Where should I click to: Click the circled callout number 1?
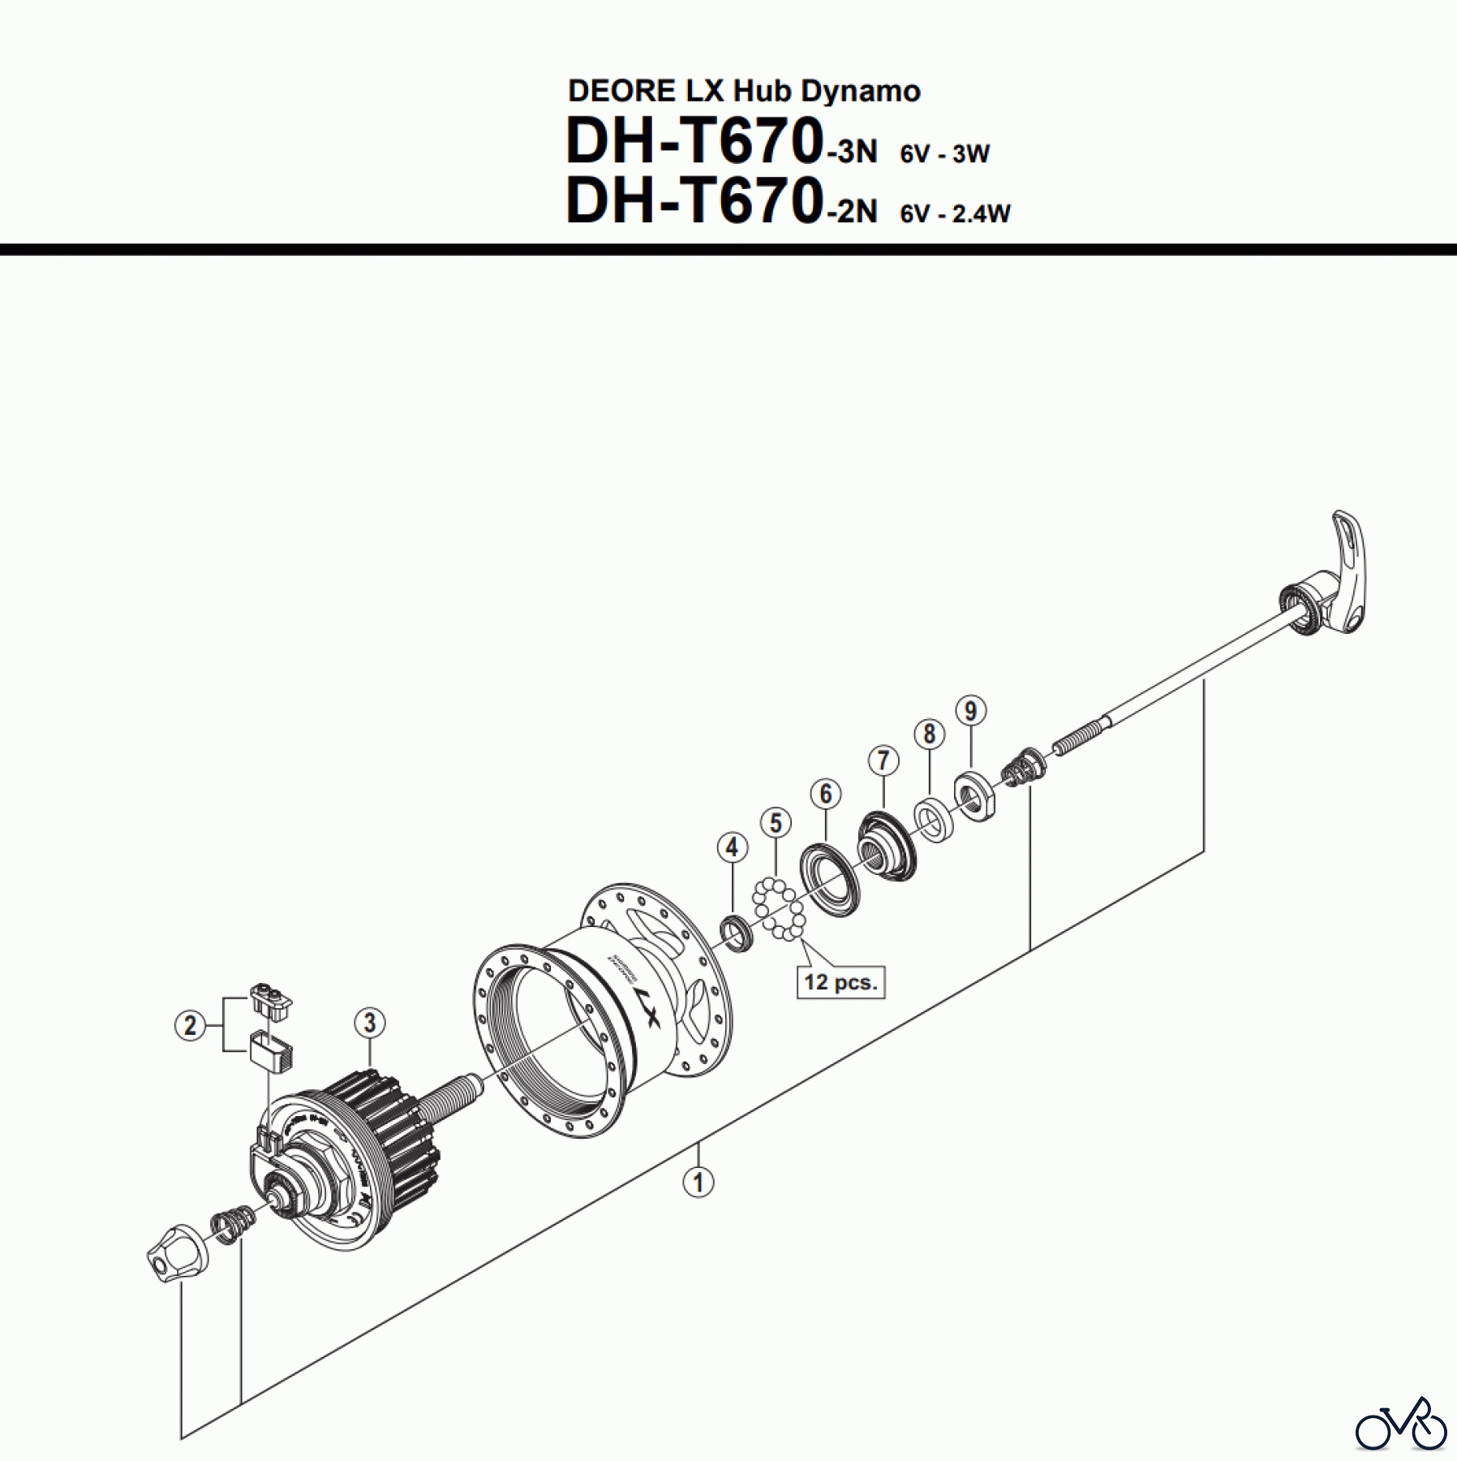click(x=698, y=1182)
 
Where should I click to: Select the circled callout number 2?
click(x=190, y=1025)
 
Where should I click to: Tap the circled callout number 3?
click(x=369, y=1022)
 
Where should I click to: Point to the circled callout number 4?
click(x=732, y=847)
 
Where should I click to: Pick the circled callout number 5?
click(x=776, y=822)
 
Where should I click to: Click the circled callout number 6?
click(x=826, y=793)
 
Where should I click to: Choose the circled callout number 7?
click(x=883, y=761)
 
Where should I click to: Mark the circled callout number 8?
click(x=930, y=734)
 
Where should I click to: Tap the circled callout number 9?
click(x=971, y=710)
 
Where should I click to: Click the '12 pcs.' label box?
click(x=840, y=982)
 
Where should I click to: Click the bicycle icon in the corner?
click(x=1401, y=1423)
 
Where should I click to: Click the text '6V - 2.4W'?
click(x=955, y=213)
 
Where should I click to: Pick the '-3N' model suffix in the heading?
click(x=852, y=152)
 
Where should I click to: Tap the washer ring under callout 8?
click(x=932, y=820)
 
